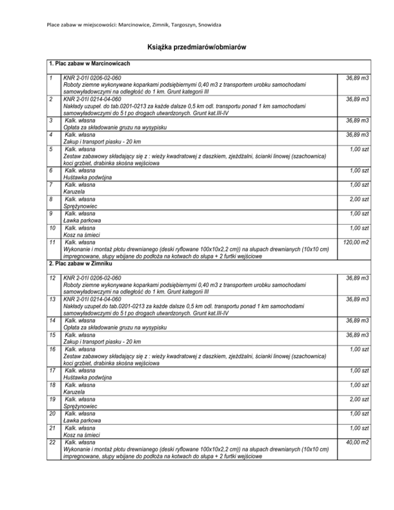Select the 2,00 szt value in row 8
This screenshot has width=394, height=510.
(x=359, y=199)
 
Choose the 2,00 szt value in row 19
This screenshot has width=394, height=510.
(x=359, y=399)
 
